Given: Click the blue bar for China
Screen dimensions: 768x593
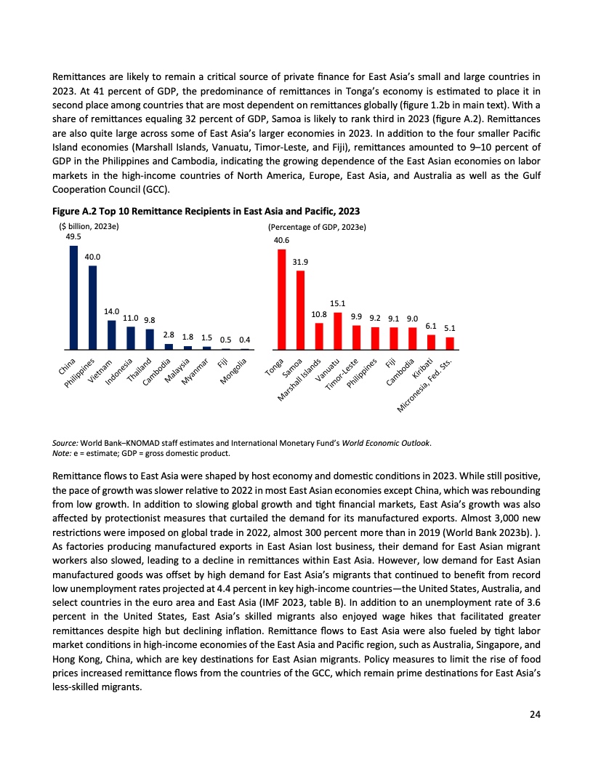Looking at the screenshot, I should pyautogui.click(x=73, y=297).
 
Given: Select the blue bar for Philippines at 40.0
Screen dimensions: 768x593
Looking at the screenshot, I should pyautogui.click(x=92, y=308).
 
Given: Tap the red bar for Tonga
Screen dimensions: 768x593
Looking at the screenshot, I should pyautogui.click(x=281, y=300).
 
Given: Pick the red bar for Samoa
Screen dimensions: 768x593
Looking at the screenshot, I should pyautogui.click(x=300, y=310).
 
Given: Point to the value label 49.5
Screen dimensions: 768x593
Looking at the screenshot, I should pyautogui.click(x=73, y=236).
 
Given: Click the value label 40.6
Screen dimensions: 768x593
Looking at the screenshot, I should pyautogui.click(x=281, y=240).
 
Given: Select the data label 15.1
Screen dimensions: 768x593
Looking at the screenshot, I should pyautogui.click(x=338, y=303).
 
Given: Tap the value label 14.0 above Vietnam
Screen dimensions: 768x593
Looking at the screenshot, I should pyautogui.click(x=112, y=311).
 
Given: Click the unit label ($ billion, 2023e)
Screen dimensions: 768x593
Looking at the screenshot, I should pyautogui.click(x=88, y=227).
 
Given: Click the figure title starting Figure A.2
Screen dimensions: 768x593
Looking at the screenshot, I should pyautogui.click(x=206, y=211).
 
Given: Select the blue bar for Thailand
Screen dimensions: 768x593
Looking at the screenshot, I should pyautogui.click(x=150, y=340).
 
